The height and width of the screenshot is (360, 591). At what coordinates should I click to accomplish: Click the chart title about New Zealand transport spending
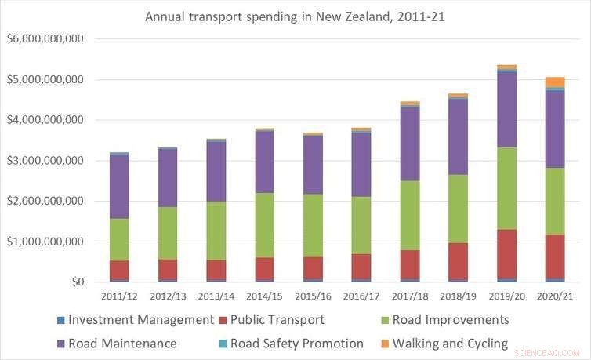[x=295, y=16]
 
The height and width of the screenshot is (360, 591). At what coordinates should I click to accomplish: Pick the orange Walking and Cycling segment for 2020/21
[x=555, y=82]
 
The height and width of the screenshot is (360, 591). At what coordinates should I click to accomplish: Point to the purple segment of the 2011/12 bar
[x=119, y=186]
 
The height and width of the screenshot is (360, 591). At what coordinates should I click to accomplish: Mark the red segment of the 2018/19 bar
[x=458, y=260]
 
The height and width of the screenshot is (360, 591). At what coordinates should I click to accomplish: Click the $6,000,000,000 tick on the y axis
[x=45, y=39]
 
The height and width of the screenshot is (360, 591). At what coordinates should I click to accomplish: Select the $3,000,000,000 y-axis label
[x=45, y=161]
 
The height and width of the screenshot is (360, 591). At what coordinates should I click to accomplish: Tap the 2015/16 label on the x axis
[x=314, y=297]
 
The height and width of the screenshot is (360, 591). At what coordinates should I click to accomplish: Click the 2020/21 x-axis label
[x=555, y=297]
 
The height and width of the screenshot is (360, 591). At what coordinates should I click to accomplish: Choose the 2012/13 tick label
[x=168, y=297]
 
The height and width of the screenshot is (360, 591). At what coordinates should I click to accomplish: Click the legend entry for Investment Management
[x=140, y=320]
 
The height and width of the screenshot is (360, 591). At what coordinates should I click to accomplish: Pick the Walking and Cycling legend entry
[x=450, y=344]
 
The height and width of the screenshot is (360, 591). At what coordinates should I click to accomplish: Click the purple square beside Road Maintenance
[x=60, y=344]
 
